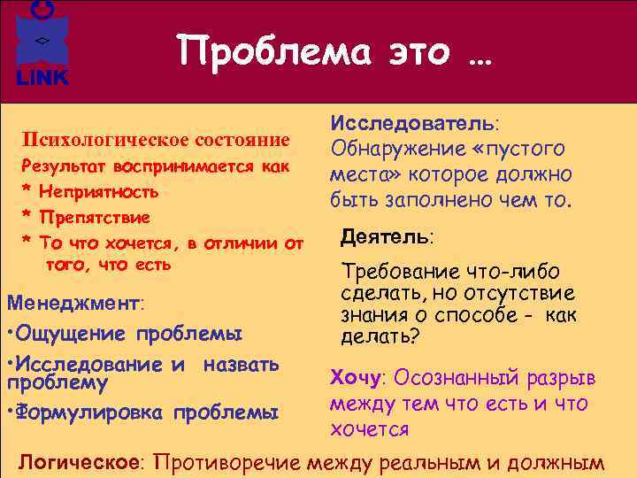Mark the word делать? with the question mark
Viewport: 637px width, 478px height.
(380, 336)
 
